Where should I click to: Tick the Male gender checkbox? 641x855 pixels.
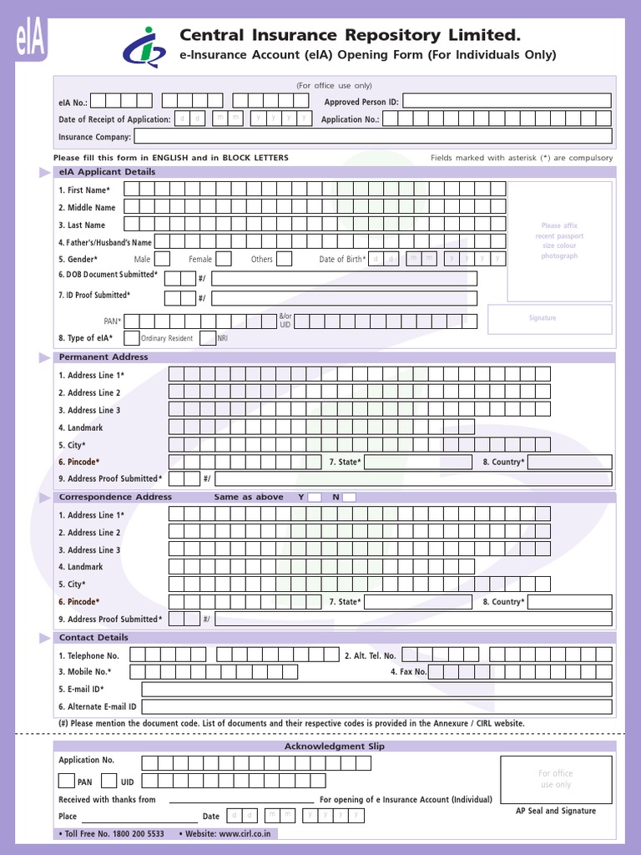pyautogui.click(x=163, y=259)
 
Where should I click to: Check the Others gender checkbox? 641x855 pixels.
pyautogui.click(x=286, y=259)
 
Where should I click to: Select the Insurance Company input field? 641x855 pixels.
pyautogui.click(x=372, y=136)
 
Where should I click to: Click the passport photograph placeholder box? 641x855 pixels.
pyautogui.click(x=558, y=241)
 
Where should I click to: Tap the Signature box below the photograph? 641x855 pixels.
pyautogui.click(x=549, y=319)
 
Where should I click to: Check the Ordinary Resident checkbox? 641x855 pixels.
pyautogui.click(x=130, y=337)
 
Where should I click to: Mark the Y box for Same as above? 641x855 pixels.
pyautogui.click(x=315, y=498)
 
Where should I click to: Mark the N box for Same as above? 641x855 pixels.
pyautogui.click(x=349, y=498)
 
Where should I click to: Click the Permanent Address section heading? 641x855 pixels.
pyautogui.click(x=103, y=357)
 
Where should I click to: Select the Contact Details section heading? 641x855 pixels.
pyautogui.click(x=93, y=637)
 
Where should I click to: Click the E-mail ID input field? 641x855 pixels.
pyautogui.click(x=376, y=689)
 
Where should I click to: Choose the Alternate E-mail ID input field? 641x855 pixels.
pyautogui.click(x=376, y=706)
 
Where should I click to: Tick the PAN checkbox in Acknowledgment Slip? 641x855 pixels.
pyautogui.click(x=66, y=782)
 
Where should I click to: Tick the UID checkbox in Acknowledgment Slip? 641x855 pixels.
pyautogui.click(x=109, y=782)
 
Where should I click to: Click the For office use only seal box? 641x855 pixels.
pyautogui.click(x=556, y=779)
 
